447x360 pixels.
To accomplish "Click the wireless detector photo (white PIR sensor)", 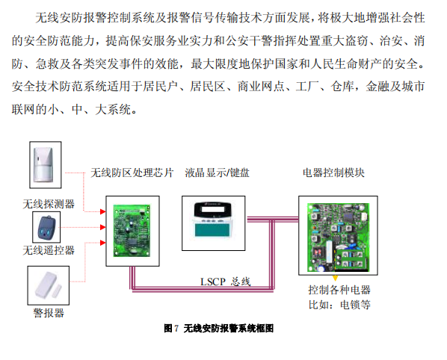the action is click(x=43, y=164).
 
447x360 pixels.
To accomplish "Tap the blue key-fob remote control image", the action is click(x=46, y=228).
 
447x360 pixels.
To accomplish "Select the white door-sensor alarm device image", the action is click(x=48, y=285).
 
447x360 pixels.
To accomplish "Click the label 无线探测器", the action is click(x=49, y=204).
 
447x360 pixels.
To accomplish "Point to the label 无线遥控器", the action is click(x=49, y=250).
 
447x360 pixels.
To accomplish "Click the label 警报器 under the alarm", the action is click(x=49, y=313).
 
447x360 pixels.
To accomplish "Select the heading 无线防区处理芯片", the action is click(x=132, y=173).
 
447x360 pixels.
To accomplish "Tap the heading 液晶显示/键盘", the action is click(x=217, y=173).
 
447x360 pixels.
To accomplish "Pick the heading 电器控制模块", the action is click(x=333, y=173).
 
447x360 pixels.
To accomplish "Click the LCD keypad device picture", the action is click(x=213, y=220).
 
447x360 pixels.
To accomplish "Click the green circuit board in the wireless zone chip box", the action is click(x=132, y=231).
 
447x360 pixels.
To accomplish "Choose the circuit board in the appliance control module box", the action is click(x=338, y=237).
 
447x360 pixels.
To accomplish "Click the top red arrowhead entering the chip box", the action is click(x=103, y=211).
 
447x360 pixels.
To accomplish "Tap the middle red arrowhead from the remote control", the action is click(x=103, y=227).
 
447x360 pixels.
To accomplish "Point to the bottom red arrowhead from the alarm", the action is click(x=103, y=243).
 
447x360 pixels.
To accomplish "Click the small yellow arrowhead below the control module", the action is click(x=335, y=278).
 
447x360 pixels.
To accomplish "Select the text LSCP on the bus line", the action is click(x=213, y=282).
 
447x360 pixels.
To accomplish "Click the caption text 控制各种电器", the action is click(x=339, y=290).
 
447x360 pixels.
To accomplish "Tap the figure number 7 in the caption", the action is click(x=176, y=329).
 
